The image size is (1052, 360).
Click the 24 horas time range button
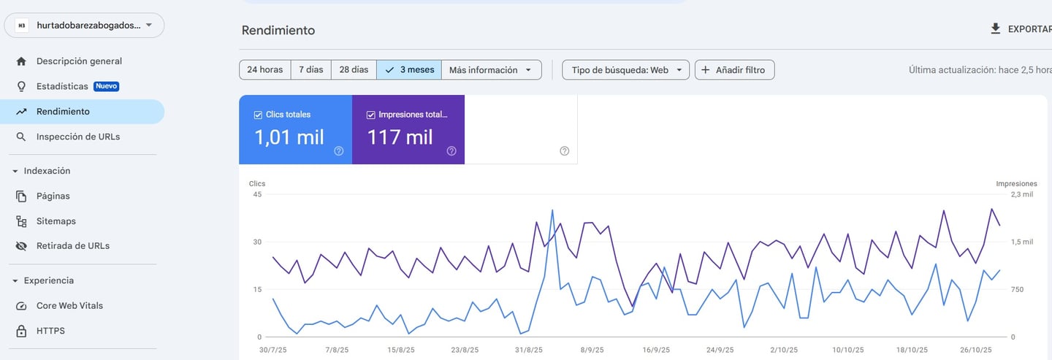click(x=264, y=70)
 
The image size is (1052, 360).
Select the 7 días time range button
click(x=310, y=70)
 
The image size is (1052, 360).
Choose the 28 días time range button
click(x=354, y=70)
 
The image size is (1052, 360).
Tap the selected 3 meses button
click(x=409, y=70)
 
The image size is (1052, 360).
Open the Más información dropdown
click(x=492, y=70)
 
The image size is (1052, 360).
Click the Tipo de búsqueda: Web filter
click(x=625, y=70)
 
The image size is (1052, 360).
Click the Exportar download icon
click(x=995, y=29)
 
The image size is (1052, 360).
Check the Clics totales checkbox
click(x=258, y=115)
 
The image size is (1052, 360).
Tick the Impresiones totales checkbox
click(x=371, y=115)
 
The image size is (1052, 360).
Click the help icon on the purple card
click(x=451, y=151)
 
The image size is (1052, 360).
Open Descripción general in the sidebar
click(x=79, y=61)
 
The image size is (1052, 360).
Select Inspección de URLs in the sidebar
click(x=77, y=137)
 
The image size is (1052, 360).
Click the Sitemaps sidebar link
click(x=56, y=221)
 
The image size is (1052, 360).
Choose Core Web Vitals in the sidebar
click(x=69, y=306)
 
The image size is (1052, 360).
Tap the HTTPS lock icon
click(x=21, y=331)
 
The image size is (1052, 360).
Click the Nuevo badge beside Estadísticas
click(x=106, y=86)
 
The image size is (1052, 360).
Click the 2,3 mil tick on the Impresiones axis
click(x=1021, y=194)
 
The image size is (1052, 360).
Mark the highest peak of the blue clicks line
click(x=552, y=210)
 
